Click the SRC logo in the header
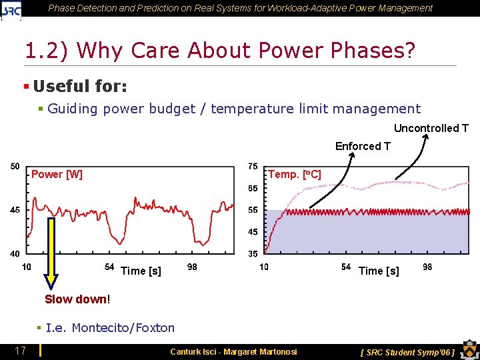11,9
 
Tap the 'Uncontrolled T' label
431,128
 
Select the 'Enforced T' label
363,146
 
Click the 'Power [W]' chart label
57,175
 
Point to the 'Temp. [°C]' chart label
294,175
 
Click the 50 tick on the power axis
15,166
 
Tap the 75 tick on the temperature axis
253,166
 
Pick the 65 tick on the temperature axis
253,189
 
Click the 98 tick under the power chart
192,267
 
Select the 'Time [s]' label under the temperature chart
379,271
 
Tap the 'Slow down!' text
76,299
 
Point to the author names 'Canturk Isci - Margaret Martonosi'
233,351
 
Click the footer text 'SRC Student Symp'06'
407,351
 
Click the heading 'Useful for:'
80,86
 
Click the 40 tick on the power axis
15,254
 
